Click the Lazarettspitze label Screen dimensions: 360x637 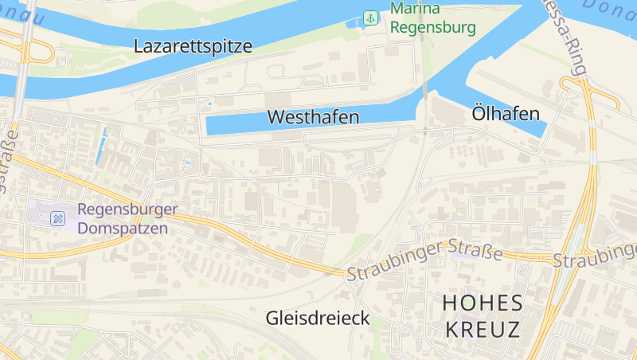pos(193,46)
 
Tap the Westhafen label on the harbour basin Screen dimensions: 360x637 pos(313,117)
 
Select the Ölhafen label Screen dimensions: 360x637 pos(506,114)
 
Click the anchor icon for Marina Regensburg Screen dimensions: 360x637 pos(369,18)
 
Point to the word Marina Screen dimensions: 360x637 pos(414,10)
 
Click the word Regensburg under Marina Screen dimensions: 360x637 pos(433,28)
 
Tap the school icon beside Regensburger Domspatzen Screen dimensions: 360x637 pos(58,218)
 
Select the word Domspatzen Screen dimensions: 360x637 pos(123,228)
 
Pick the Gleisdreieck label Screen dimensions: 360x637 pos(318,319)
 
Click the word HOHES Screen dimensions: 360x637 pos(483,303)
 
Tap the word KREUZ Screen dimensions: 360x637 pos(483,329)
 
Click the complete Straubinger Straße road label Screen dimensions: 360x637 pos(424,262)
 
